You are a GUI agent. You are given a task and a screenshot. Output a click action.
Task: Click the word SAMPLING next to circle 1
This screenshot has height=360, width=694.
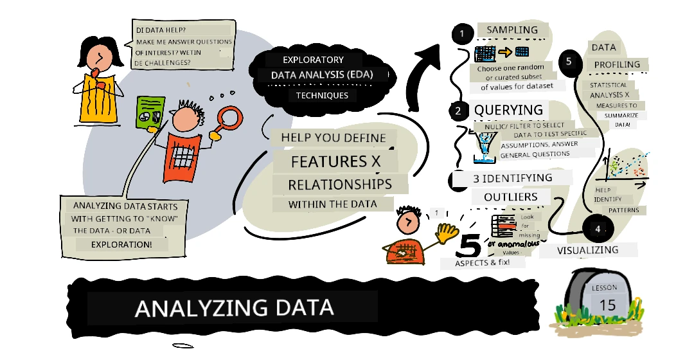click(x=512, y=30)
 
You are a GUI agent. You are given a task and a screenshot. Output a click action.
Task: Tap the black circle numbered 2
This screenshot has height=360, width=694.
click(x=458, y=111)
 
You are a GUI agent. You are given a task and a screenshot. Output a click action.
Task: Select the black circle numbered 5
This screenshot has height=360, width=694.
click(x=569, y=62)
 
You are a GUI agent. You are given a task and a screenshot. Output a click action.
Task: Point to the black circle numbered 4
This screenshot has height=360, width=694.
click(x=598, y=229)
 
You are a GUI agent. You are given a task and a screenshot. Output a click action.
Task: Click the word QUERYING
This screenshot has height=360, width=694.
click(x=508, y=110)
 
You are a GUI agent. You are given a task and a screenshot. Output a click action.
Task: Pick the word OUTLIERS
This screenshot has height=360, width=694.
click(x=510, y=197)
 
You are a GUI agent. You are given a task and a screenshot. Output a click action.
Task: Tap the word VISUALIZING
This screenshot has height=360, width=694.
click(x=587, y=250)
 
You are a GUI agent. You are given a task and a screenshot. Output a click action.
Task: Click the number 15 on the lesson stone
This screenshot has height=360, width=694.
click(x=607, y=305)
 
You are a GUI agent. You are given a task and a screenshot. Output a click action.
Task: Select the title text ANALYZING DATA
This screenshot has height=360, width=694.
click(x=234, y=308)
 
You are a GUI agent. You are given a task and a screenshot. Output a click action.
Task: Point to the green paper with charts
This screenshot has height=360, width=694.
click(x=150, y=113)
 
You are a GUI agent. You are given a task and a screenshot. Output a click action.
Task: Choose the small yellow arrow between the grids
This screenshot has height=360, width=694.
click(x=505, y=53)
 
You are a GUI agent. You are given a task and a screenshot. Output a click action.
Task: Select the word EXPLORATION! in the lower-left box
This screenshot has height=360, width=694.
click(x=121, y=244)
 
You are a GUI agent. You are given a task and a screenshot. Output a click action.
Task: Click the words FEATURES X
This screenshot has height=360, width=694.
click(x=335, y=161)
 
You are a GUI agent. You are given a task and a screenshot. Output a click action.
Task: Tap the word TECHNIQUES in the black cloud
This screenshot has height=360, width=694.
click(x=322, y=95)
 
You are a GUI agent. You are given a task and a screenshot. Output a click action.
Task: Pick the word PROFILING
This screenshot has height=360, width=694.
click(x=617, y=65)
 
